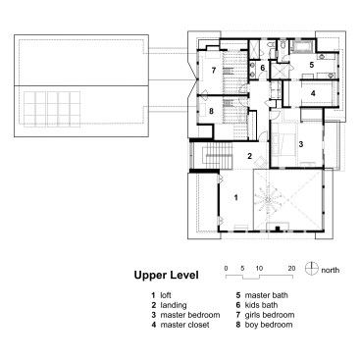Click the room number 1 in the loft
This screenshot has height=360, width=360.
coord(236,197)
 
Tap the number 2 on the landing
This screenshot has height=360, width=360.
coord(249,156)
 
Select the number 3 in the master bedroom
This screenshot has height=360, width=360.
coord(301,144)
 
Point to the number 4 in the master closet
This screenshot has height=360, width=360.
coord(313,93)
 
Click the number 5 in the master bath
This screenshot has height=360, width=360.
coord(312,65)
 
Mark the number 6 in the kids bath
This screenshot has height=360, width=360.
coord(263,68)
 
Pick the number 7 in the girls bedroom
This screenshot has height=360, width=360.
coord(214,70)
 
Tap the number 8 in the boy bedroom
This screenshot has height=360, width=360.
coord(211,111)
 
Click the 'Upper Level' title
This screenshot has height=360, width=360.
coord(166,275)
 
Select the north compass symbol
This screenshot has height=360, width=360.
coord(311,269)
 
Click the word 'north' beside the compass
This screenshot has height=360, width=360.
coord(331,271)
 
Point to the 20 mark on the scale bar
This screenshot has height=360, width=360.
coord(292,269)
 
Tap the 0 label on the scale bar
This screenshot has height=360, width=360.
coord(227,269)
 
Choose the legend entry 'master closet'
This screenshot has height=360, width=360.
coord(184,325)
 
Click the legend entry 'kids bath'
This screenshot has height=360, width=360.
coord(261,305)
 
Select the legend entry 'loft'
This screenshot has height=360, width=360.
coord(166,295)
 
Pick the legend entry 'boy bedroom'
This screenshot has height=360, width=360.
coord(269,325)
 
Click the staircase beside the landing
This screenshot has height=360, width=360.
coord(218,155)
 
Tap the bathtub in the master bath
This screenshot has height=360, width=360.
coord(302,47)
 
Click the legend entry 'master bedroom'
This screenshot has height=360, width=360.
coord(190,315)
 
